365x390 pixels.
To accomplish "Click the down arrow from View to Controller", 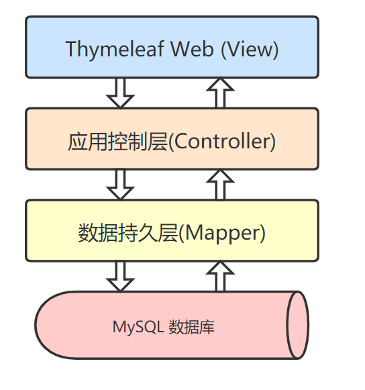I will pos(121,93).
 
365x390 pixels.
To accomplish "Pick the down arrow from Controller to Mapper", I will pos(121,184).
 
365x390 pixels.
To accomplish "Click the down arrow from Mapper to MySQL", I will pos(121,276).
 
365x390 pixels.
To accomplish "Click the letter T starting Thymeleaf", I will pos(71,49).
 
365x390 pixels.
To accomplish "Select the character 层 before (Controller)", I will pos(158,142).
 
